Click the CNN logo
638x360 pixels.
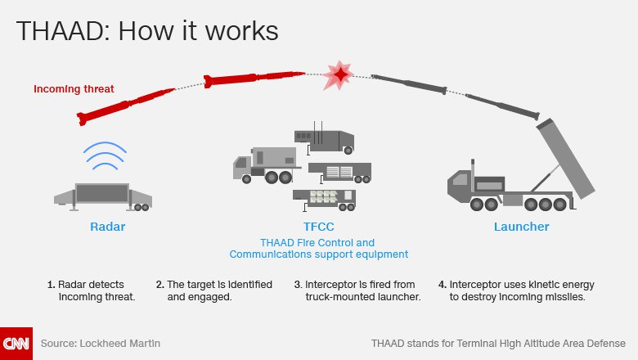click(x=16, y=344)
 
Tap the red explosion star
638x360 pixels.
click(x=339, y=75)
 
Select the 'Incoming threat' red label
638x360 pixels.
click(x=74, y=89)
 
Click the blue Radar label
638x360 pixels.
click(x=107, y=227)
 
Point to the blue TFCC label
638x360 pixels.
click(x=319, y=227)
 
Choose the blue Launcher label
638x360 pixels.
click(x=521, y=227)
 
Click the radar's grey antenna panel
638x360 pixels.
click(x=102, y=193)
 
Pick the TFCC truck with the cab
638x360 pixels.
click(x=267, y=164)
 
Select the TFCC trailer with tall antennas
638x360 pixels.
click(x=324, y=139)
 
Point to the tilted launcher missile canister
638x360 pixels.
click(x=566, y=158)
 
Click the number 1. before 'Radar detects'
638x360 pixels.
click(x=52, y=285)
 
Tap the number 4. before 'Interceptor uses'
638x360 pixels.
click(x=443, y=285)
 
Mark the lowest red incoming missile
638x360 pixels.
click(x=126, y=106)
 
